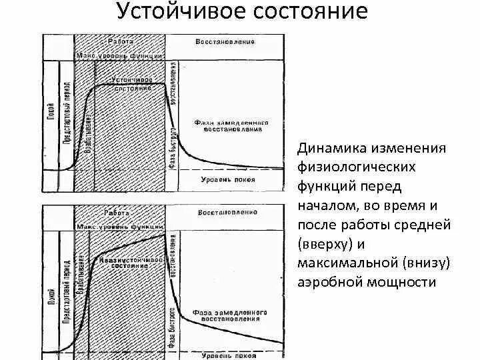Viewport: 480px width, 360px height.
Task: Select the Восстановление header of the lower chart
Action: pos(227,213)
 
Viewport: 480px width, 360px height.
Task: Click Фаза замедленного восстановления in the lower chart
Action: pos(230,315)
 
